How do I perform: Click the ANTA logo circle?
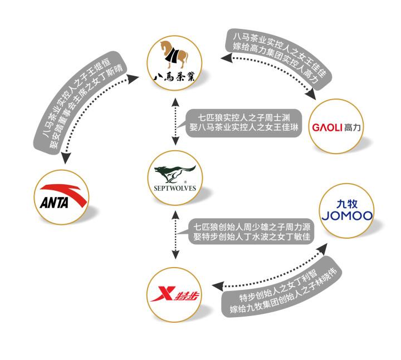[61, 197]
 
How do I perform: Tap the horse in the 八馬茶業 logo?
[174, 55]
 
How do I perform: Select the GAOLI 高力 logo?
[336, 127]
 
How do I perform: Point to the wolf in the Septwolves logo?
[175, 174]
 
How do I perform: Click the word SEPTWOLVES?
[175, 188]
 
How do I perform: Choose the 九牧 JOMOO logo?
[347, 210]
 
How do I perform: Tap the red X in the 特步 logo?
[163, 294]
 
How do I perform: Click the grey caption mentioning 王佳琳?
[244, 123]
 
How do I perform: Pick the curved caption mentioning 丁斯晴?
[77, 100]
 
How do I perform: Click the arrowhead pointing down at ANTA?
[66, 159]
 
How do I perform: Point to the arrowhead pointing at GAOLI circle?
[311, 95]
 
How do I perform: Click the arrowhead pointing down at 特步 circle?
[175, 254]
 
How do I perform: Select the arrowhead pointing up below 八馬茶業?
[175, 102]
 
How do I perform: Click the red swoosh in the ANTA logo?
[66, 193]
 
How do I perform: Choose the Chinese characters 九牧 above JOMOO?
[347, 204]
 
